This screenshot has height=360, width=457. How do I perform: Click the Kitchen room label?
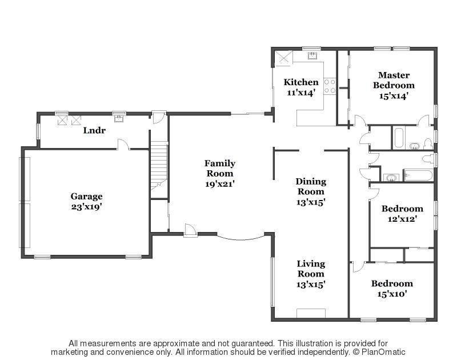(301, 82)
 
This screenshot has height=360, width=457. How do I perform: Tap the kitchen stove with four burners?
(330, 86)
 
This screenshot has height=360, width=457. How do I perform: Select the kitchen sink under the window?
(312, 56)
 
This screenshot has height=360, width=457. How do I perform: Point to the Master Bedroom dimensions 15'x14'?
(394, 96)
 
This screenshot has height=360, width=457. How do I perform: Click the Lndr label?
(94, 130)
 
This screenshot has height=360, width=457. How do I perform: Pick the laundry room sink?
(119, 119)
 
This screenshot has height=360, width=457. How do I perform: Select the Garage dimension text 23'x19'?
(86, 207)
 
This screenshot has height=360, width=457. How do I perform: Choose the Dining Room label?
(311, 186)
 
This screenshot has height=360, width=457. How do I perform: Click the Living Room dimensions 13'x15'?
(311, 284)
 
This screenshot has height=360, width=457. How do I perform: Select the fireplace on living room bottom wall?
(311, 313)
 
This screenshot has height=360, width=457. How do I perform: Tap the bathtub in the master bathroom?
(399, 138)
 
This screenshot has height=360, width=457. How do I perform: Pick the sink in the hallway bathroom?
(391, 177)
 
